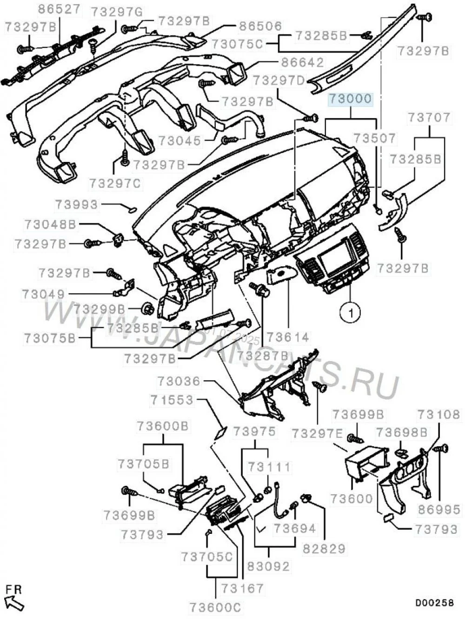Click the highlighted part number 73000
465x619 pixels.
[x=350, y=99]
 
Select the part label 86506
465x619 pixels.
[x=260, y=26]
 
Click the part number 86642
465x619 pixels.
[x=302, y=62]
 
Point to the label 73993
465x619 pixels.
[x=77, y=205]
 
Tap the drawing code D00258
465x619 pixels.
[x=434, y=602]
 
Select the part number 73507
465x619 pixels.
[x=374, y=138]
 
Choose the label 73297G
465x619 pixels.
[x=116, y=13]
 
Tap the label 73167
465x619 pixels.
[x=242, y=589]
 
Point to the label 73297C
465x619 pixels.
[x=115, y=183]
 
